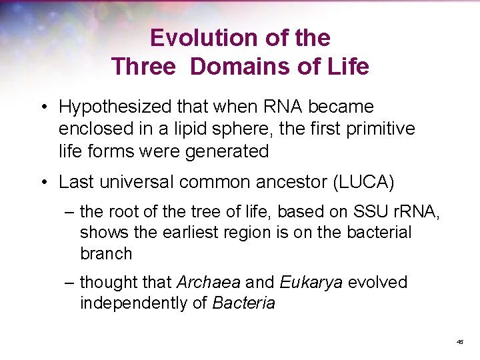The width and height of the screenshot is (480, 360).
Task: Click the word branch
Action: click(106, 253)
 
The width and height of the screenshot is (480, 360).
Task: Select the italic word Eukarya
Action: click(311, 282)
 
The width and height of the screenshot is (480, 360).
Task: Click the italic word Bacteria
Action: click(243, 303)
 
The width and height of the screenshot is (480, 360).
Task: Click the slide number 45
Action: click(459, 341)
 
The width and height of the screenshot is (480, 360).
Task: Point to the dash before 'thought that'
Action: click(70, 282)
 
